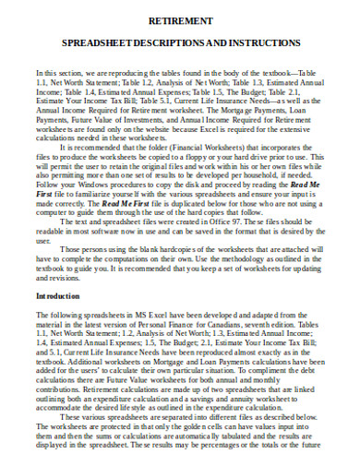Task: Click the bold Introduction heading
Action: tap(62, 296)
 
